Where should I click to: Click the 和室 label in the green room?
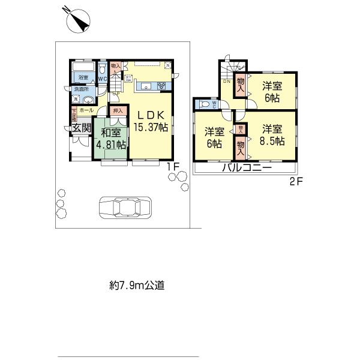coord(110,133)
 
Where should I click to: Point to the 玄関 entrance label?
coord(81,127)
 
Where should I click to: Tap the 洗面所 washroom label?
coord(81,89)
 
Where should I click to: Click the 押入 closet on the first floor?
coord(118,110)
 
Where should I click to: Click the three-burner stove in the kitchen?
coord(161,86)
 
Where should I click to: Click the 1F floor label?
coord(173,167)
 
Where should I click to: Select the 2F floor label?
coord(296,182)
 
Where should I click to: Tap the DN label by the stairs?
coord(227,82)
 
